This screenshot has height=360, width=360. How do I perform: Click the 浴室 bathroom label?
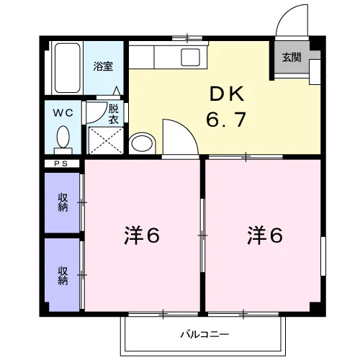click(x=103, y=66)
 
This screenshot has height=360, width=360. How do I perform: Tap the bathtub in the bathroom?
click(x=67, y=68)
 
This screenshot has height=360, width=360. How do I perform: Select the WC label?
click(x=63, y=113)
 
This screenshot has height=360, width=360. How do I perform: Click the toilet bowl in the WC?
click(x=63, y=137)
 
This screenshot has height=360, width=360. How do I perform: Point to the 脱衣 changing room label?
click(x=114, y=114)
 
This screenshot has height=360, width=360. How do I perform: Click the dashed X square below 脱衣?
click(x=106, y=140)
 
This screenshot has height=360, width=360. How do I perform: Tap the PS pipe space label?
click(x=61, y=163)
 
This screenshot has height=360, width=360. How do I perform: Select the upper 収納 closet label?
click(x=63, y=202)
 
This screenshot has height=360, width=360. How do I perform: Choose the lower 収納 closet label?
click(x=63, y=276)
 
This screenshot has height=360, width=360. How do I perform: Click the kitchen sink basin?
click(x=191, y=57)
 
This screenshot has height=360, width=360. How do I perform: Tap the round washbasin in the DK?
click(x=142, y=143)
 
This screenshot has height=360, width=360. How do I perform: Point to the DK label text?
click(x=227, y=94)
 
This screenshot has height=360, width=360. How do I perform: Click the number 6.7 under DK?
click(x=226, y=120)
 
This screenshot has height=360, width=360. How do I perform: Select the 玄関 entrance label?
click(x=292, y=58)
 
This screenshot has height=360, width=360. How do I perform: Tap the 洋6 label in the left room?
click(x=142, y=235)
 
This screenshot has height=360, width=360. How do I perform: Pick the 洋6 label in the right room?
click(x=265, y=235)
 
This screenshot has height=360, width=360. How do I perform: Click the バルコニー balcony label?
click(x=204, y=334)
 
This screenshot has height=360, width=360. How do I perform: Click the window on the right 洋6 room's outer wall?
click(x=323, y=256)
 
